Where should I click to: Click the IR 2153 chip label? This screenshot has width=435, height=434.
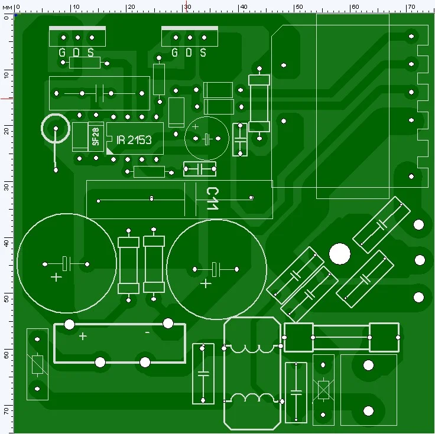coord(134,140)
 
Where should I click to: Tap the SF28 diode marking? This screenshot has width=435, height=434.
coord(95,137)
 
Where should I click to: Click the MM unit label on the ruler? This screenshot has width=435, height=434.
coord(7,6)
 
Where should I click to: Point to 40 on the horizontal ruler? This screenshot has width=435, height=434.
coord(242,6)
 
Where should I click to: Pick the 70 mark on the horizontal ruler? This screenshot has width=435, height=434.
coord(410,6)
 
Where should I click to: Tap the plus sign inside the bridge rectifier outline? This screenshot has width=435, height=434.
coord(83,336)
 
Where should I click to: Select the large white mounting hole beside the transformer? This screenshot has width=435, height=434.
coord(339,254)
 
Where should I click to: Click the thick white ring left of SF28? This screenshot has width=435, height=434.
coord(56,128)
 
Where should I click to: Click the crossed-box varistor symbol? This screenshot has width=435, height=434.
coord(323,389)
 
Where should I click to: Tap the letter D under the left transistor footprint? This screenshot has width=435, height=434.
coord(76,53)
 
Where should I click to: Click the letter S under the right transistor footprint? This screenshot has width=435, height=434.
coord(203,53)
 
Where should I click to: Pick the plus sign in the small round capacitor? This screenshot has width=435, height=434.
coord(196,127)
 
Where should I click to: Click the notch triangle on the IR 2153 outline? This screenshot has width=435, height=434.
coord(111,151)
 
